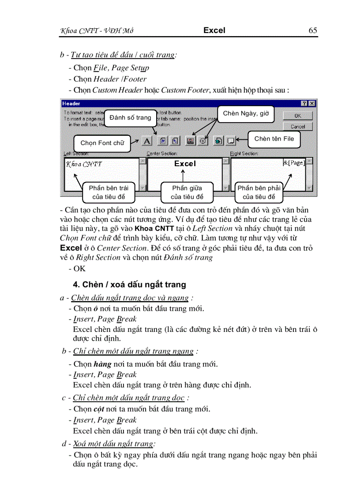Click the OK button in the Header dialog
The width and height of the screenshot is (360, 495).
click(x=298, y=116)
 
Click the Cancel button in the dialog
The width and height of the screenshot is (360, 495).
click(x=298, y=127)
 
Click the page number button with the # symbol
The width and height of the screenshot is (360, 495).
click(x=162, y=141)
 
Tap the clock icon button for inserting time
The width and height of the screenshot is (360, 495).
click(x=203, y=141)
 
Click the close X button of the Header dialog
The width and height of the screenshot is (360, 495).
click(x=312, y=103)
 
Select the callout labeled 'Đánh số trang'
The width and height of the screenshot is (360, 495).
click(x=130, y=118)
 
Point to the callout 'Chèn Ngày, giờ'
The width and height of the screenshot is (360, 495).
click(x=245, y=114)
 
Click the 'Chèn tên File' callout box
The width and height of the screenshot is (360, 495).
click(x=274, y=139)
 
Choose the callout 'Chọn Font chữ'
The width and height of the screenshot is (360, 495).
click(x=102, y=143)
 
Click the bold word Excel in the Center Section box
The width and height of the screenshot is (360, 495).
click(x=185, y=164)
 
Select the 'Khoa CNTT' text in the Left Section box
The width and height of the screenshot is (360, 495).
click(x=84, y=164)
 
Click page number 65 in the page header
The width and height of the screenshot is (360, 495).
click(x=312, y=30)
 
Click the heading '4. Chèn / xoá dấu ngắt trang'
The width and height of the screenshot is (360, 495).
click(x=130, y=285)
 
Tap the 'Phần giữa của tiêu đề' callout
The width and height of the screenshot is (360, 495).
click(x=187, y=193)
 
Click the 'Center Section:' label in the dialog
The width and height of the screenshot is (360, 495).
click(x=162, y=153)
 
